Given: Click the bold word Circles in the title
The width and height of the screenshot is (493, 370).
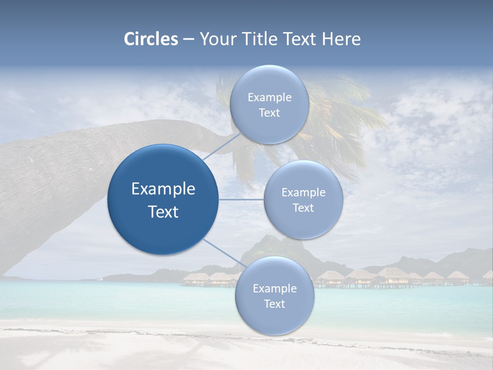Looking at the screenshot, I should tap(150, 39).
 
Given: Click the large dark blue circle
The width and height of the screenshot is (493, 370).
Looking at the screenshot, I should tap(163, 199).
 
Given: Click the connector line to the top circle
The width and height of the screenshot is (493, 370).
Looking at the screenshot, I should tap(222, 146).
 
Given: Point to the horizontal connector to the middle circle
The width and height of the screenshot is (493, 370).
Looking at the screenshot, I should tap(241, 199).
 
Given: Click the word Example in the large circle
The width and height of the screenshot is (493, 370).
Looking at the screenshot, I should tap(163, 189).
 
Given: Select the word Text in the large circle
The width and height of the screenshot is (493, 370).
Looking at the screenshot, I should tap(163, 212).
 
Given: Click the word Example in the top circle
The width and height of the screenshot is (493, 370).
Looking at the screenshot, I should tap(269, 98).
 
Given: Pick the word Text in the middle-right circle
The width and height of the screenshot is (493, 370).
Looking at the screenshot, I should tap(304, 208).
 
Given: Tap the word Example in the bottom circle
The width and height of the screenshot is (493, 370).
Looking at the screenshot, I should tap(274, 289).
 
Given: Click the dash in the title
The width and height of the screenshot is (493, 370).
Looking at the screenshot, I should tap(188, 40).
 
